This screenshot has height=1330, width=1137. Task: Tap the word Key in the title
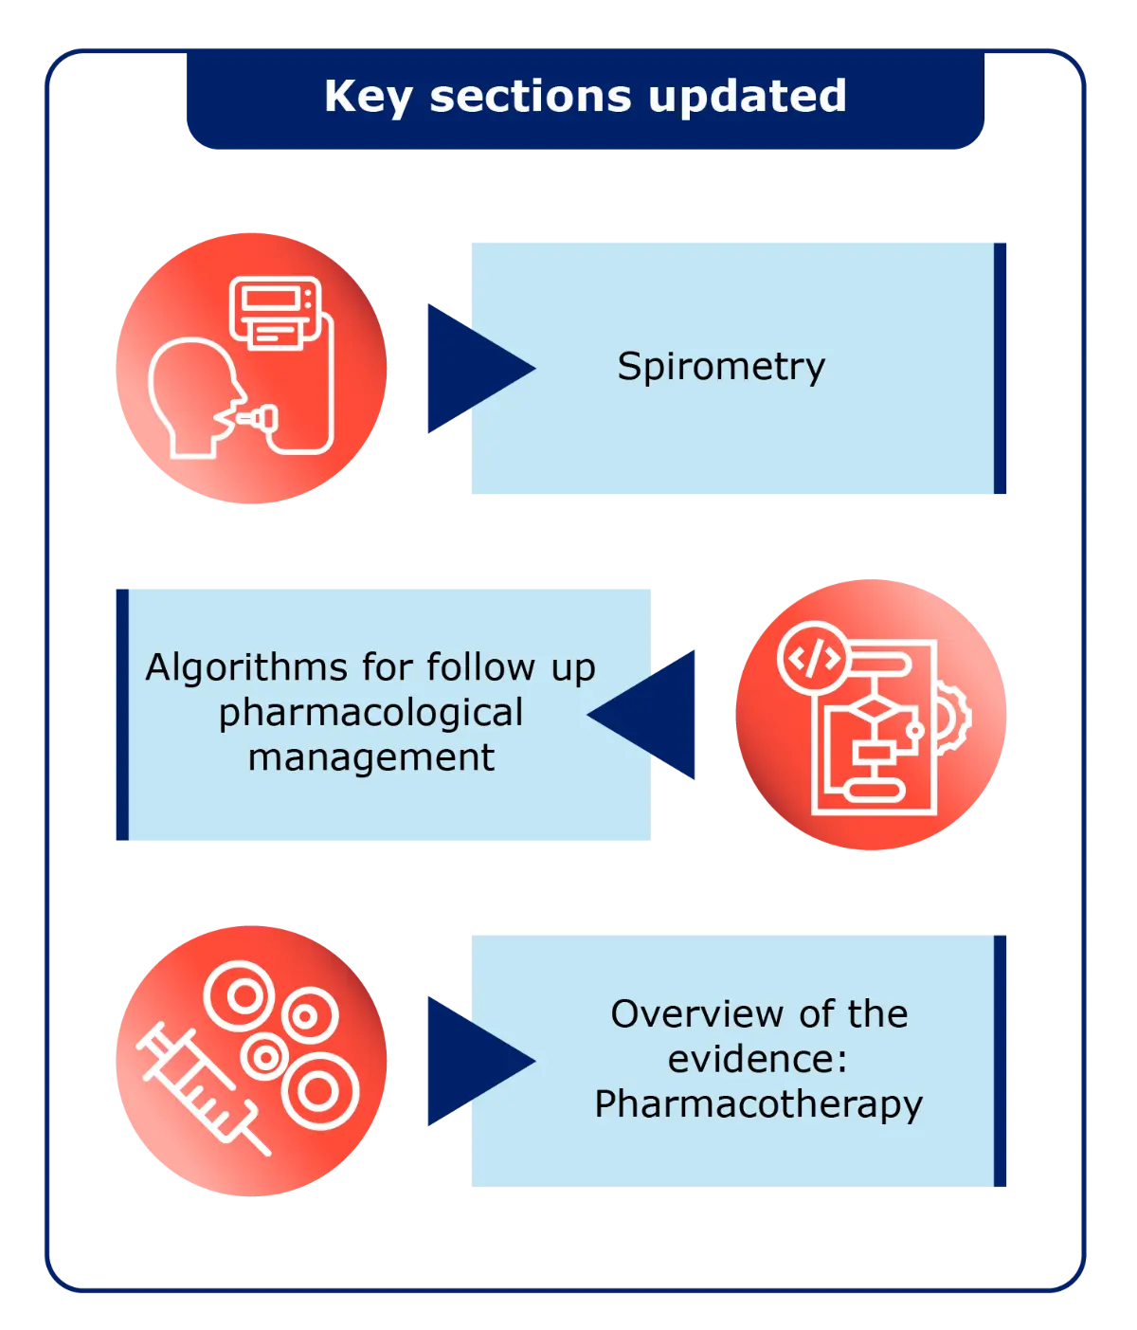(369, 98)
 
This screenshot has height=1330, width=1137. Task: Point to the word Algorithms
(244, 667)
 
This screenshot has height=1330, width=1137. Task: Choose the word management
(370, 757)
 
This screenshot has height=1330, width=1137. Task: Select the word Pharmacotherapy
(758, 1104)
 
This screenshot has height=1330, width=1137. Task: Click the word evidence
(752, 1059)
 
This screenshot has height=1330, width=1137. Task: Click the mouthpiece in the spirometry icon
(257, 416)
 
